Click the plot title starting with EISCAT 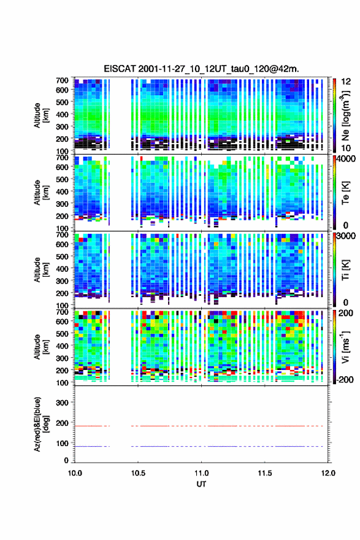[201, 69]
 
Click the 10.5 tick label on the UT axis [138, 473]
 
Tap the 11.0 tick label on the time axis [201, 473]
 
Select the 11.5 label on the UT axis [265, 473]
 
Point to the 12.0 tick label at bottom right [328, 473]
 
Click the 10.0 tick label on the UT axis [75, 473]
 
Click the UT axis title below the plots [201, 484]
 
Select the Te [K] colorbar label [345, 193]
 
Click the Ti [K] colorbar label [345, 270]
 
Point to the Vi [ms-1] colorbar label [345, 347]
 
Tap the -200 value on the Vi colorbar [345, 379]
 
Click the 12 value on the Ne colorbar [346, 82]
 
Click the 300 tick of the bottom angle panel [63, 403]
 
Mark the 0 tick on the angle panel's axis [66, 460]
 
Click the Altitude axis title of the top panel [41, 115]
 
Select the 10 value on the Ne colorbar [346, 148]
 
